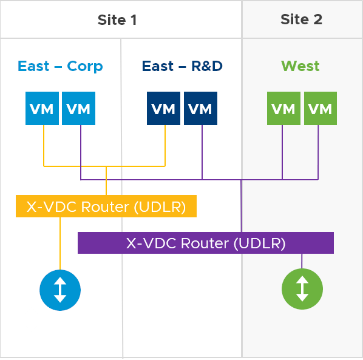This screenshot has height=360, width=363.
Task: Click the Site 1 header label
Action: click(x=117, y=19)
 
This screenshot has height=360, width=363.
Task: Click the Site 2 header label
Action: click(x=301, y=19)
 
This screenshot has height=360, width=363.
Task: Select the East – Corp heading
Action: click(x=60, y=66)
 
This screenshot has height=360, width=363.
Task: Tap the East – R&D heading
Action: click(x=181, y=66)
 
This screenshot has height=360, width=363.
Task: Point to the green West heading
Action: click(x=300, y=66)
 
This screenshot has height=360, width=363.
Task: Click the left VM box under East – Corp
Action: click(x=42, y=109)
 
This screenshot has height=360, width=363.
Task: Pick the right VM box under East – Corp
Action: click(x=78, y=109)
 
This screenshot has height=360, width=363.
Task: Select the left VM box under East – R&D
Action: click(x=163, y=109)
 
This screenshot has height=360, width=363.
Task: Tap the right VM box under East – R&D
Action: click(x=200, y=109)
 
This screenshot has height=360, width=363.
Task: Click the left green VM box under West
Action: click(x=283, y=109)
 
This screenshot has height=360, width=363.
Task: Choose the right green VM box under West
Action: click(x=320, y=109)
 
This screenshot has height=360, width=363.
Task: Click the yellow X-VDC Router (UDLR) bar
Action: click(x=106, y=206)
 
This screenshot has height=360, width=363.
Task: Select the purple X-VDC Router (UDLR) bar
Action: click(x=206, y=243)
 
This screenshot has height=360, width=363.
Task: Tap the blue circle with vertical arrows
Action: click(x=60, y=290)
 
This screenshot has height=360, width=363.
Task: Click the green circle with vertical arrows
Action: click(x=302, y=290)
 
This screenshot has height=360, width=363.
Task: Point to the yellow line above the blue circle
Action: click(x=60, y=243)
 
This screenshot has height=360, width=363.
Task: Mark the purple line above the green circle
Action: click(x=302, y=261)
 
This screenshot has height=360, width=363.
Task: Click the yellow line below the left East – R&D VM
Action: click(x=165, y=146)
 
